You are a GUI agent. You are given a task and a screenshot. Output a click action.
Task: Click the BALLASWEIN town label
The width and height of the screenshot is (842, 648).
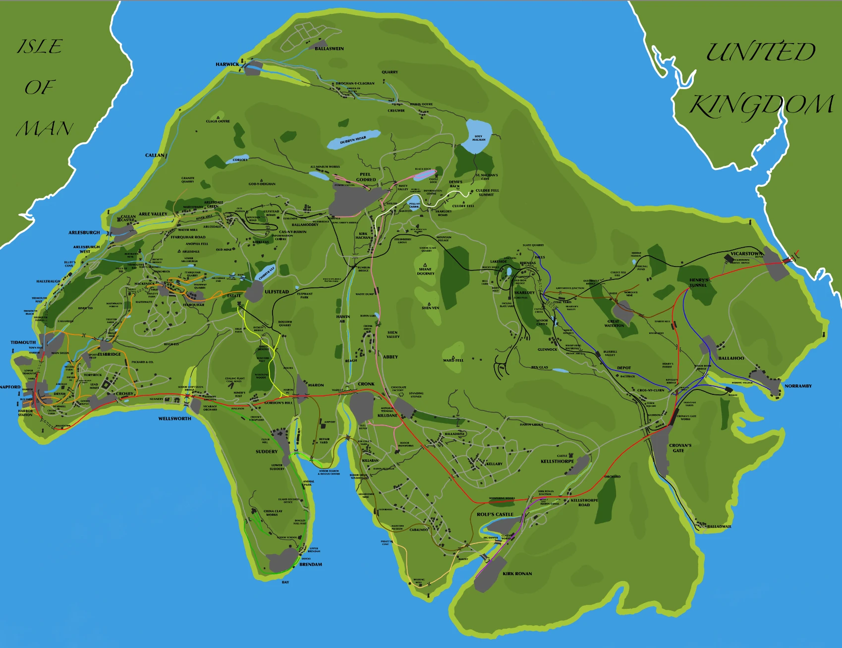329,49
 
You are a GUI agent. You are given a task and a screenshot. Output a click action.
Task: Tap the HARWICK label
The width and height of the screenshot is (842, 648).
227,64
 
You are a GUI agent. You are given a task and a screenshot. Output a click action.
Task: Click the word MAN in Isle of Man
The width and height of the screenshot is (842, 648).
45,129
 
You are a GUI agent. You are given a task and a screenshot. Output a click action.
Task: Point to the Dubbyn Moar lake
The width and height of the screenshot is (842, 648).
353,140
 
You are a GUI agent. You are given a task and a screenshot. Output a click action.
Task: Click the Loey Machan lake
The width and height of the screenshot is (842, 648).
478,135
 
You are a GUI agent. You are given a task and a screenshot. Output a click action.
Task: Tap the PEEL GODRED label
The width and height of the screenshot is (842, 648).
366,177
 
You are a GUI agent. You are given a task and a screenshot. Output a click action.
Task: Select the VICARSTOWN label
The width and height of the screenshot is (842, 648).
746,254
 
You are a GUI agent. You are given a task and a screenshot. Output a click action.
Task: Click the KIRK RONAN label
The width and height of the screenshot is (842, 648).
517,574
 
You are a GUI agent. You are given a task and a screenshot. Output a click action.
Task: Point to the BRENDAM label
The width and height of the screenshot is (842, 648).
311,564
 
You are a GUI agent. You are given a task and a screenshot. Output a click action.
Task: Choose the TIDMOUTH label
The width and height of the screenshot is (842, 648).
23,342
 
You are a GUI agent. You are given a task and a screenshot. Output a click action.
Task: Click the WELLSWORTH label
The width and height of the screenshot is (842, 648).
174,419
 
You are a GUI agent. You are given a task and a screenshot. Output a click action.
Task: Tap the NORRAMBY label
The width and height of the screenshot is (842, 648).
798,386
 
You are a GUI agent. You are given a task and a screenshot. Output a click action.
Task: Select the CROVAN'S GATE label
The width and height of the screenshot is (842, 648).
680,448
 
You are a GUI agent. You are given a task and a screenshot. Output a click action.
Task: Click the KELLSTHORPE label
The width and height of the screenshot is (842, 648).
557,461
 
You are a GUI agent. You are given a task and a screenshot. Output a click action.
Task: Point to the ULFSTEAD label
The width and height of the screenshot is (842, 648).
277,292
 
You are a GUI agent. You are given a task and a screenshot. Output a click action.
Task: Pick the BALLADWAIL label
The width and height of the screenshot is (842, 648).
719,527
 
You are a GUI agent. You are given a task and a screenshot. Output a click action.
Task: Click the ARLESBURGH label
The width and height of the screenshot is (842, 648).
84,232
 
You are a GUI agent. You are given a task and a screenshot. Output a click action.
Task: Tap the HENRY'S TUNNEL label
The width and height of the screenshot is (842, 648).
698,282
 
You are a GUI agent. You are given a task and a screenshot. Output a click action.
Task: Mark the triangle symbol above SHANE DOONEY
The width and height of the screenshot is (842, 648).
425,265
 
